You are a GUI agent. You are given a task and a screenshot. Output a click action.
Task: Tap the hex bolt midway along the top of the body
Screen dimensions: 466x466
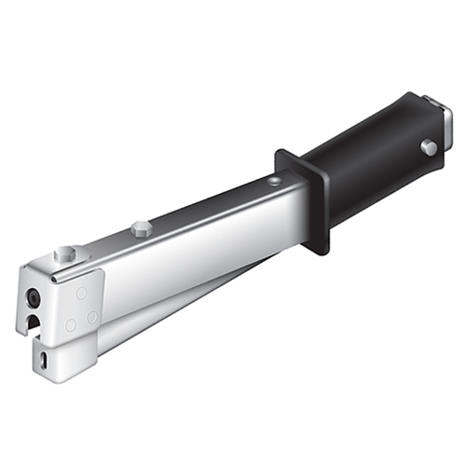(x=141, y=227)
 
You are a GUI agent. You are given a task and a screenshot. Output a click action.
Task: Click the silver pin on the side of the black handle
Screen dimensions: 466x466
(x=428, y=147)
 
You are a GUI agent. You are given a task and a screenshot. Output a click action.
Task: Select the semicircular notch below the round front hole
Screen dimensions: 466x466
(x=34, y=322)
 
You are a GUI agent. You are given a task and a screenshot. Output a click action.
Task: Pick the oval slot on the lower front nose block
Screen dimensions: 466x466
(x=45, y=358)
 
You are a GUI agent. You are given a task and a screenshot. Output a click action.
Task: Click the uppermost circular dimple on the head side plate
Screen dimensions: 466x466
(x=81, y=293)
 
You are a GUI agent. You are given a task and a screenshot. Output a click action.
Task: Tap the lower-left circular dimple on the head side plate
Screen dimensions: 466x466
(x=70, y=325)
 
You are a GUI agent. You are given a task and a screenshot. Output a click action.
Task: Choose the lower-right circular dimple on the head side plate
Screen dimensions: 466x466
(x=92, y=318)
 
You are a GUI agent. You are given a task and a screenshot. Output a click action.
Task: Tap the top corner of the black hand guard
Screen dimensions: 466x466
(x=282, y=150)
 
